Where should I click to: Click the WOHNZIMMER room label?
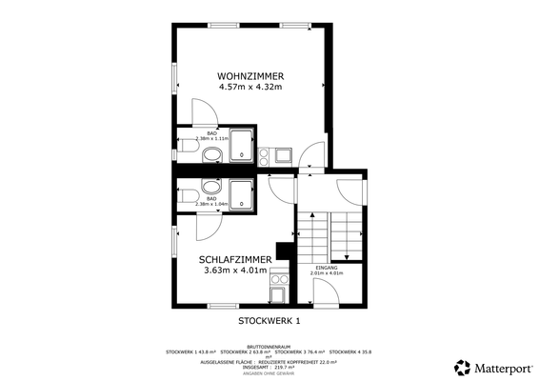click(x=250, y=75)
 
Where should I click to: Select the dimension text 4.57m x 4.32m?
click(x=250, y=88)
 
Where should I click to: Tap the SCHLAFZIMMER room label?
click(x=236, y=259)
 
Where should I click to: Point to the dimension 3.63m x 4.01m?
click(x=236, y=271)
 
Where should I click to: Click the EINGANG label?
click(x=327, y=269)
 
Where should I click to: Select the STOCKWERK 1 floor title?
click(x=269, y=321)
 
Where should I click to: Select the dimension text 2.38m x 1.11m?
click(x=212, y=138)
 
